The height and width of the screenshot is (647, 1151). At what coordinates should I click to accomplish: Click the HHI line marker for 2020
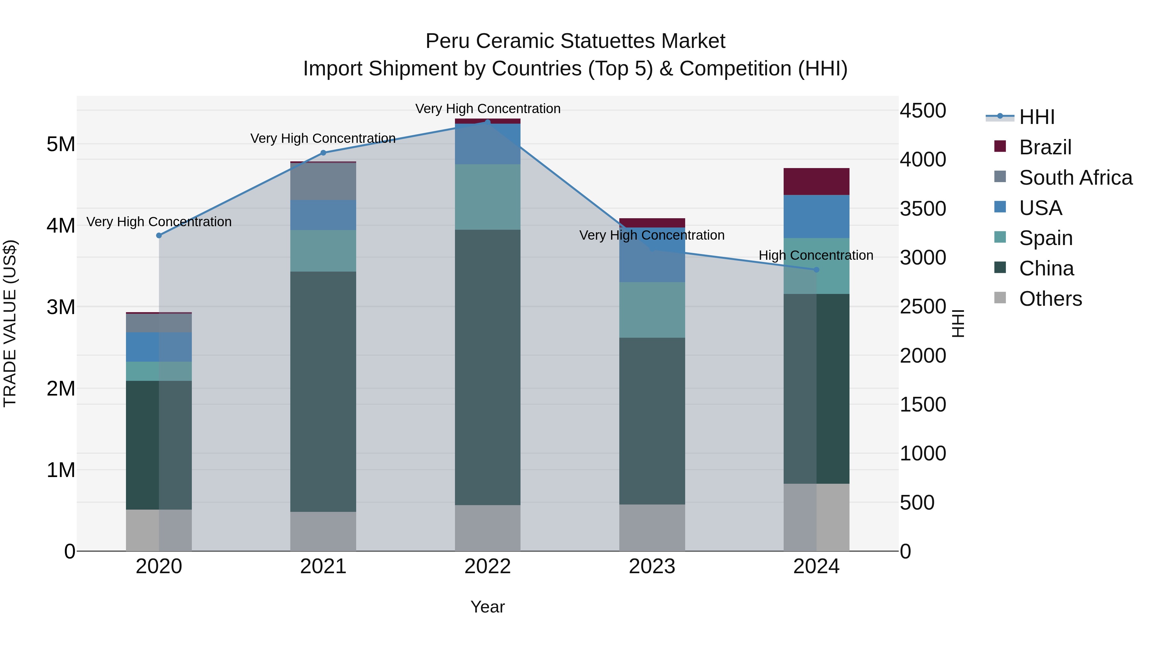click(159, 235)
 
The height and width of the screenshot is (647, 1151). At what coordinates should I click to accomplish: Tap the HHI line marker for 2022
click(488, 122)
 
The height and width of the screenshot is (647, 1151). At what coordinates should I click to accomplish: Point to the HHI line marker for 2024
click(816, 270)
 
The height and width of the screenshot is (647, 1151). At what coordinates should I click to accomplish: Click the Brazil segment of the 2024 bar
click(816, 182)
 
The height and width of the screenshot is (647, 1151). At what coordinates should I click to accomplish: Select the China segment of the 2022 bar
click(488, 367)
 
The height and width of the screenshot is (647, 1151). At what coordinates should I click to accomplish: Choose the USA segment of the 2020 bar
click(159, 347)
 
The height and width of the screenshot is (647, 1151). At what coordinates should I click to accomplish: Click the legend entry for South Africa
click(1076, 178)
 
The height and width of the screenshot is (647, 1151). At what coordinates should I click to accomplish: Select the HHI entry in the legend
click(1037, 117)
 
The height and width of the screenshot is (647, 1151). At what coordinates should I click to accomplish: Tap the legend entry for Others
click(1050, 299)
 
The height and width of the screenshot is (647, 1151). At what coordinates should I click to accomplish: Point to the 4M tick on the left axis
click(61, 226)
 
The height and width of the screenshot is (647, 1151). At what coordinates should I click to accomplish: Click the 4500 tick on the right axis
click(923, 111)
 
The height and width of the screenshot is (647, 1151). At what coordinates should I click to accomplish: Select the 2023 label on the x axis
click(652, 566)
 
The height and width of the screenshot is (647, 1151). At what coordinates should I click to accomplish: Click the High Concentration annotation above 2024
click(816, 255)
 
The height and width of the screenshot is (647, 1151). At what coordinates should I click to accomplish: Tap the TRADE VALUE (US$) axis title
click(10, 323)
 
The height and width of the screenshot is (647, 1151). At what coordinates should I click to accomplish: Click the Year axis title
click(488, 607)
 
